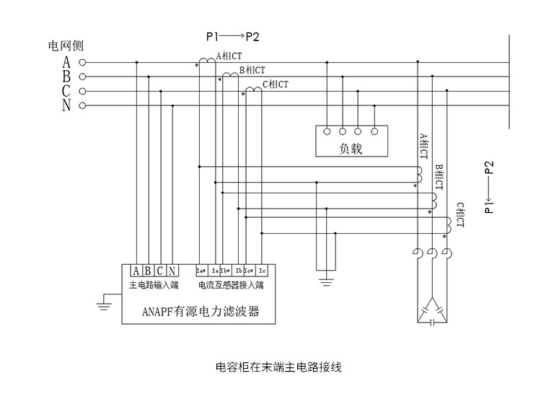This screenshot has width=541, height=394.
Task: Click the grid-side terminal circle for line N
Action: (82, 105)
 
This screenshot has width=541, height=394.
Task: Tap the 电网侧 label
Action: (65, 46)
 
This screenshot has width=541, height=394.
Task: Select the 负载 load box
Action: (350, 141)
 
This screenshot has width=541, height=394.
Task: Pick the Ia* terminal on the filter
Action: (202, 271)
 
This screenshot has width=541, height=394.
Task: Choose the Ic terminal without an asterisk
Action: (263, 271)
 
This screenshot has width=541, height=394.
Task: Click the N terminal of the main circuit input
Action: (172, 271)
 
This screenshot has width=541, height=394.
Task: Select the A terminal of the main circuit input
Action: (136, 271)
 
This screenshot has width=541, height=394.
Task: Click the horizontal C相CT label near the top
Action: (275, 84)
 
